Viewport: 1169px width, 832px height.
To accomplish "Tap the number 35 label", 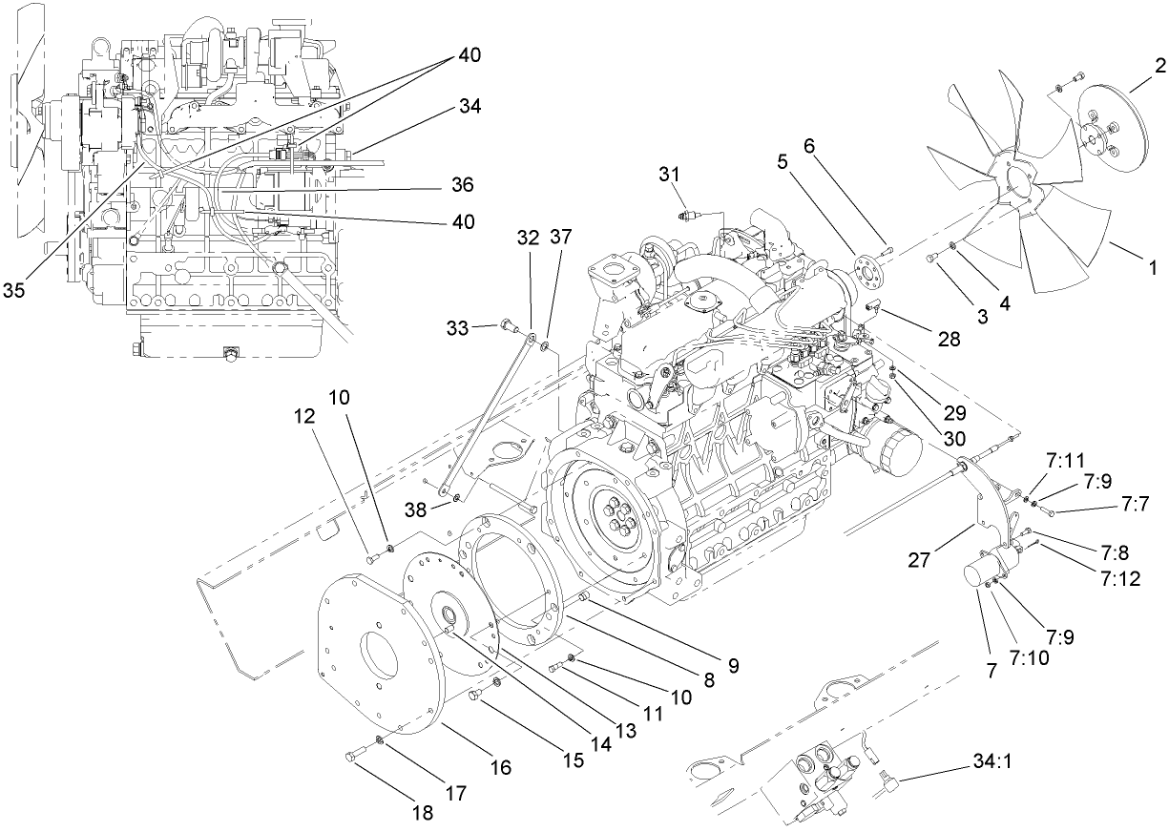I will (14, 290).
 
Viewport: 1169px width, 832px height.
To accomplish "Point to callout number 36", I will (462, 183).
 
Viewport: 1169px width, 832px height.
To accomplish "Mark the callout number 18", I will (421, 813).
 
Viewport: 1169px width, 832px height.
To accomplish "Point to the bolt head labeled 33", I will (506, 329).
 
